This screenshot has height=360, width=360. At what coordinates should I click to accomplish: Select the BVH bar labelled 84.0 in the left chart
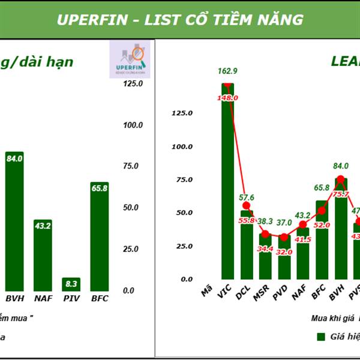[14, 222]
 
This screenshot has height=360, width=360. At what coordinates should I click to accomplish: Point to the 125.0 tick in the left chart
[133, 84]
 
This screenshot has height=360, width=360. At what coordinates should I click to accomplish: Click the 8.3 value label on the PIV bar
[71, 283]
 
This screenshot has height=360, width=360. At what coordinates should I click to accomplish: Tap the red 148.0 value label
[228, 98]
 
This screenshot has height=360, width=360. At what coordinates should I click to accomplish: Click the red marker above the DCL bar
[247, 206]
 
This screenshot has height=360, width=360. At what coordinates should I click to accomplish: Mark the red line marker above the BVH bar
[340, 179]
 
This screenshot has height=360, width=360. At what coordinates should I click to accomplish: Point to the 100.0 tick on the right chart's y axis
[181, 146]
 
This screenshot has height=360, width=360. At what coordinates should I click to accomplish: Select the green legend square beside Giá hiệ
[320, 337]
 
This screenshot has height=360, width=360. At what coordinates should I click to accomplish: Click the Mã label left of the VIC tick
[207, 292]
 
